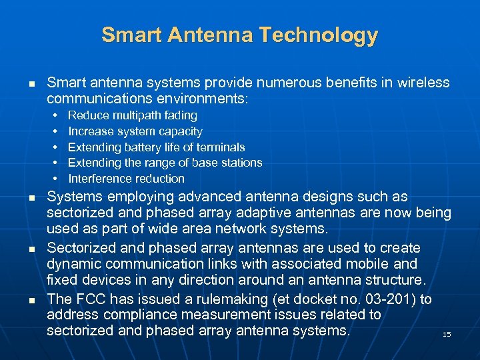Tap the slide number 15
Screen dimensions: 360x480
click(x=447, y=334)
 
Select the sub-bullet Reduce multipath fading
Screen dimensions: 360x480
click(x=133, y=115)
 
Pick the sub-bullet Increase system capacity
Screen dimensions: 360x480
click(x=135, y=131)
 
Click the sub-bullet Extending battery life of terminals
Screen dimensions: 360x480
click(x=156, y=147)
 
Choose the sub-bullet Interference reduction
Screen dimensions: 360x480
click(x=126, y=179)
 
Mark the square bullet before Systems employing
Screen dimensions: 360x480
click(x=31, y=199)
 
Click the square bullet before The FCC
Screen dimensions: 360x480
click(x=31, y=301)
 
